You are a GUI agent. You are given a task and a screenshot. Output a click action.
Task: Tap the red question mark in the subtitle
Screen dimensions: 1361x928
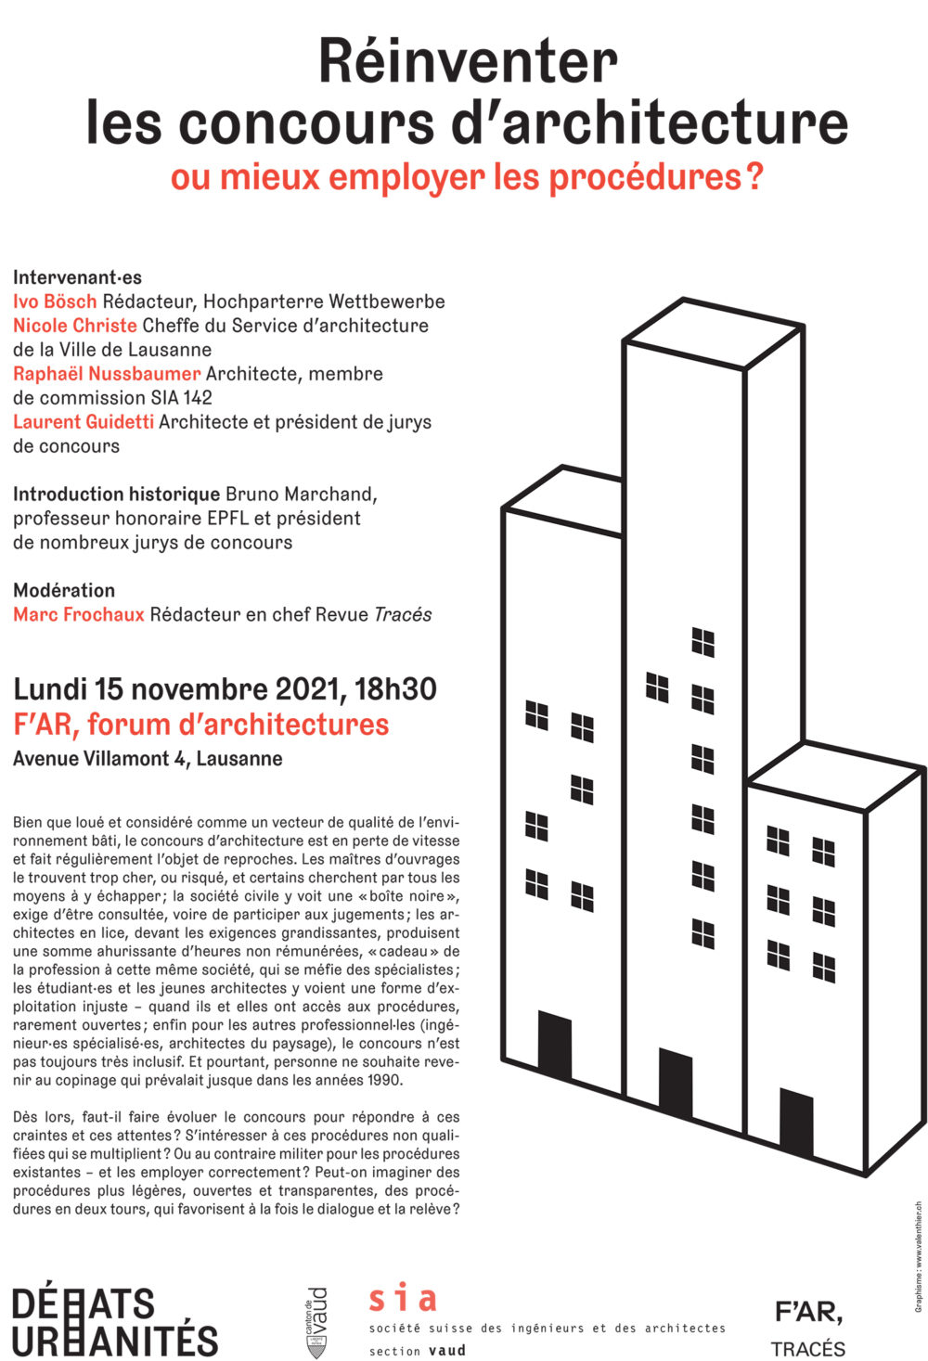(754, 176)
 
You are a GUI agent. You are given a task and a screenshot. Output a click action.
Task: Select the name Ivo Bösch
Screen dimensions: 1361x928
(55, 302)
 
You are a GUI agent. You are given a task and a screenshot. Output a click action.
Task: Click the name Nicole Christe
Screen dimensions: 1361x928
(74, 326)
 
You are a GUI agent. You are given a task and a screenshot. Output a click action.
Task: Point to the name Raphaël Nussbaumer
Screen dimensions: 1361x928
(107, 374)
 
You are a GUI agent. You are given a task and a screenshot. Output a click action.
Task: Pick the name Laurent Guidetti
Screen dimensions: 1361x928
(84, 422)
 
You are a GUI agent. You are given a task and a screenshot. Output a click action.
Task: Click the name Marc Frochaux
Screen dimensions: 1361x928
(79, 614)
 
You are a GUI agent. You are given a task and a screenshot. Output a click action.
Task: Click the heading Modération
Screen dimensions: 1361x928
(64, 590)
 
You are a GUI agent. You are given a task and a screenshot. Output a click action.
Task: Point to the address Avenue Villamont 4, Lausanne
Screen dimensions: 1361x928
(148, 759)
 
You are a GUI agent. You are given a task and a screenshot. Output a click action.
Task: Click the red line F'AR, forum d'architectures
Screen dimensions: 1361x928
(200, 725)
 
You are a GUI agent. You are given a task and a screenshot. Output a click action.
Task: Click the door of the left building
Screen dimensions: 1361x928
(554, 1046)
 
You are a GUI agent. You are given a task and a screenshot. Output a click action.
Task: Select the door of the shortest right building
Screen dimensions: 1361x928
(795, 1123)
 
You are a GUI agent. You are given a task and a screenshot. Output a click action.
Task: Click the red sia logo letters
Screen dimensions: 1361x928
(402, 1299)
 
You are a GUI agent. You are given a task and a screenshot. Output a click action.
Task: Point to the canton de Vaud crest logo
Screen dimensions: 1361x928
(316, 1323)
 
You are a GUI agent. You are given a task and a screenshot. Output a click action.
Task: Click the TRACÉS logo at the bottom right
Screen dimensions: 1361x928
(807, 1348)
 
